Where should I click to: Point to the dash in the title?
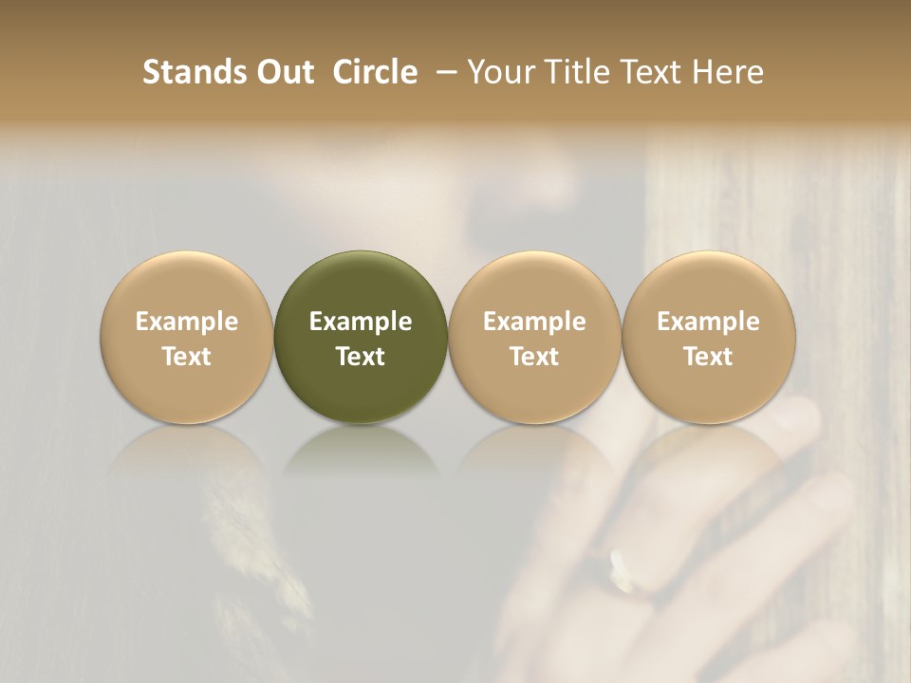442,72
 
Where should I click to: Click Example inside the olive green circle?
361,322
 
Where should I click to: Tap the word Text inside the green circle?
361,357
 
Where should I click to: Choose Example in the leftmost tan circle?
187,322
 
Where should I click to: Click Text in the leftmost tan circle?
187,357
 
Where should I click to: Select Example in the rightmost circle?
709,322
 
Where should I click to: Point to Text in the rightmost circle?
709,357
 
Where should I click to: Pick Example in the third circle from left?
534,322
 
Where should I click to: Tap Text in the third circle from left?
534,357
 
